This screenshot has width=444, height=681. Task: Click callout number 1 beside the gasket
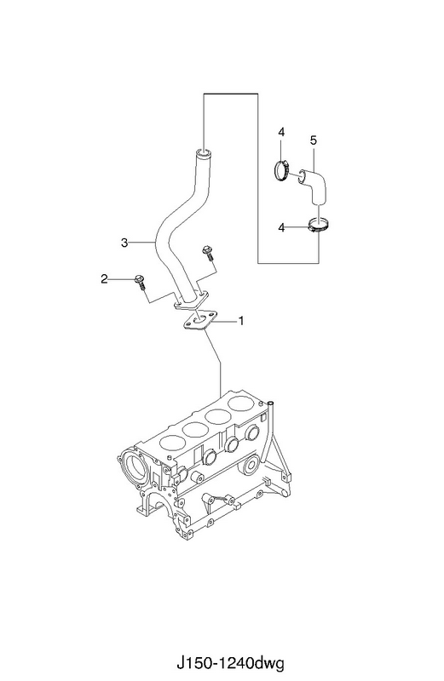[241, 321]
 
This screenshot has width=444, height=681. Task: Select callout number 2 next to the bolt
[104, 279]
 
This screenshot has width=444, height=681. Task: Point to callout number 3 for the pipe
[124, 243]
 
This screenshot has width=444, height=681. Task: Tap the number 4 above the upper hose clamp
[281, 132]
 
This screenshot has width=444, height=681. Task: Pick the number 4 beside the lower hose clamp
[281, 227]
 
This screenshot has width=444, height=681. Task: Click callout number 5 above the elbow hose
[314, 140]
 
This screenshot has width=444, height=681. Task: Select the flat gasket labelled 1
[199, 322]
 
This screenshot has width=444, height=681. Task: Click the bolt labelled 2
[140, 282]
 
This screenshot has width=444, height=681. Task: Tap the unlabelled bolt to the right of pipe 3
[207, 252]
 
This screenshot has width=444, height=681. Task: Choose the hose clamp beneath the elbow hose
[320, 226]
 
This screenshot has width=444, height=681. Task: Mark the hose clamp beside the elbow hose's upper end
[282, 169]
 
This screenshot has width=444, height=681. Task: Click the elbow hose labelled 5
[314, 186]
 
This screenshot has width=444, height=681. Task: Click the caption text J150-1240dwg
[230, 663]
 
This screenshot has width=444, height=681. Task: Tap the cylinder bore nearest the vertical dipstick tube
[242, 403]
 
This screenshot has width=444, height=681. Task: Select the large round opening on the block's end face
[135, 465]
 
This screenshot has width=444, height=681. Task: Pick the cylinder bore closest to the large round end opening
[173, 442]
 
